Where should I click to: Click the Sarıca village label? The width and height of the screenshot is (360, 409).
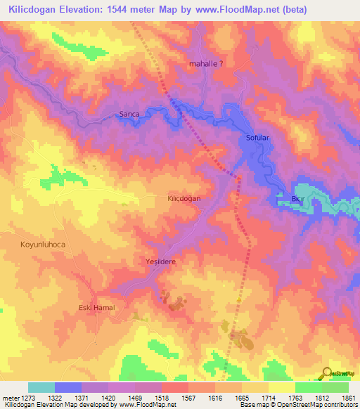pyautogui.click(x=129, y=114)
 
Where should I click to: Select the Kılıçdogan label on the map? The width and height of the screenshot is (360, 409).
pyautogui.click(x=184, y=199)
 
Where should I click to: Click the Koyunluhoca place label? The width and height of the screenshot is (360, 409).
pyautogui.click(x=37, y=243)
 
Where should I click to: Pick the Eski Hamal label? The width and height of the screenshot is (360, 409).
pyautogui.click(x=96, y=308)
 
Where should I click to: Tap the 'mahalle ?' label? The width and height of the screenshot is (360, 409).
pyautogui.click(x=207, y=63)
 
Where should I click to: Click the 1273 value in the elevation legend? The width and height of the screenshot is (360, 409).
pyautogui.click(x=27, y=398)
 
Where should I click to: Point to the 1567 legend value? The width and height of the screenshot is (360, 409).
pyautogui.click(x=186, y=398)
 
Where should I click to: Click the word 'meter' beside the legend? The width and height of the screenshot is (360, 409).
pyautogui.click(x=9, y=398)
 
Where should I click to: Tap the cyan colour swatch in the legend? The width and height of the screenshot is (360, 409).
pyautogui.click(x=41, y=387)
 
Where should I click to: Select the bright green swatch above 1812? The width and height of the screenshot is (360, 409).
pyautogui.click(x=308, y=387)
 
